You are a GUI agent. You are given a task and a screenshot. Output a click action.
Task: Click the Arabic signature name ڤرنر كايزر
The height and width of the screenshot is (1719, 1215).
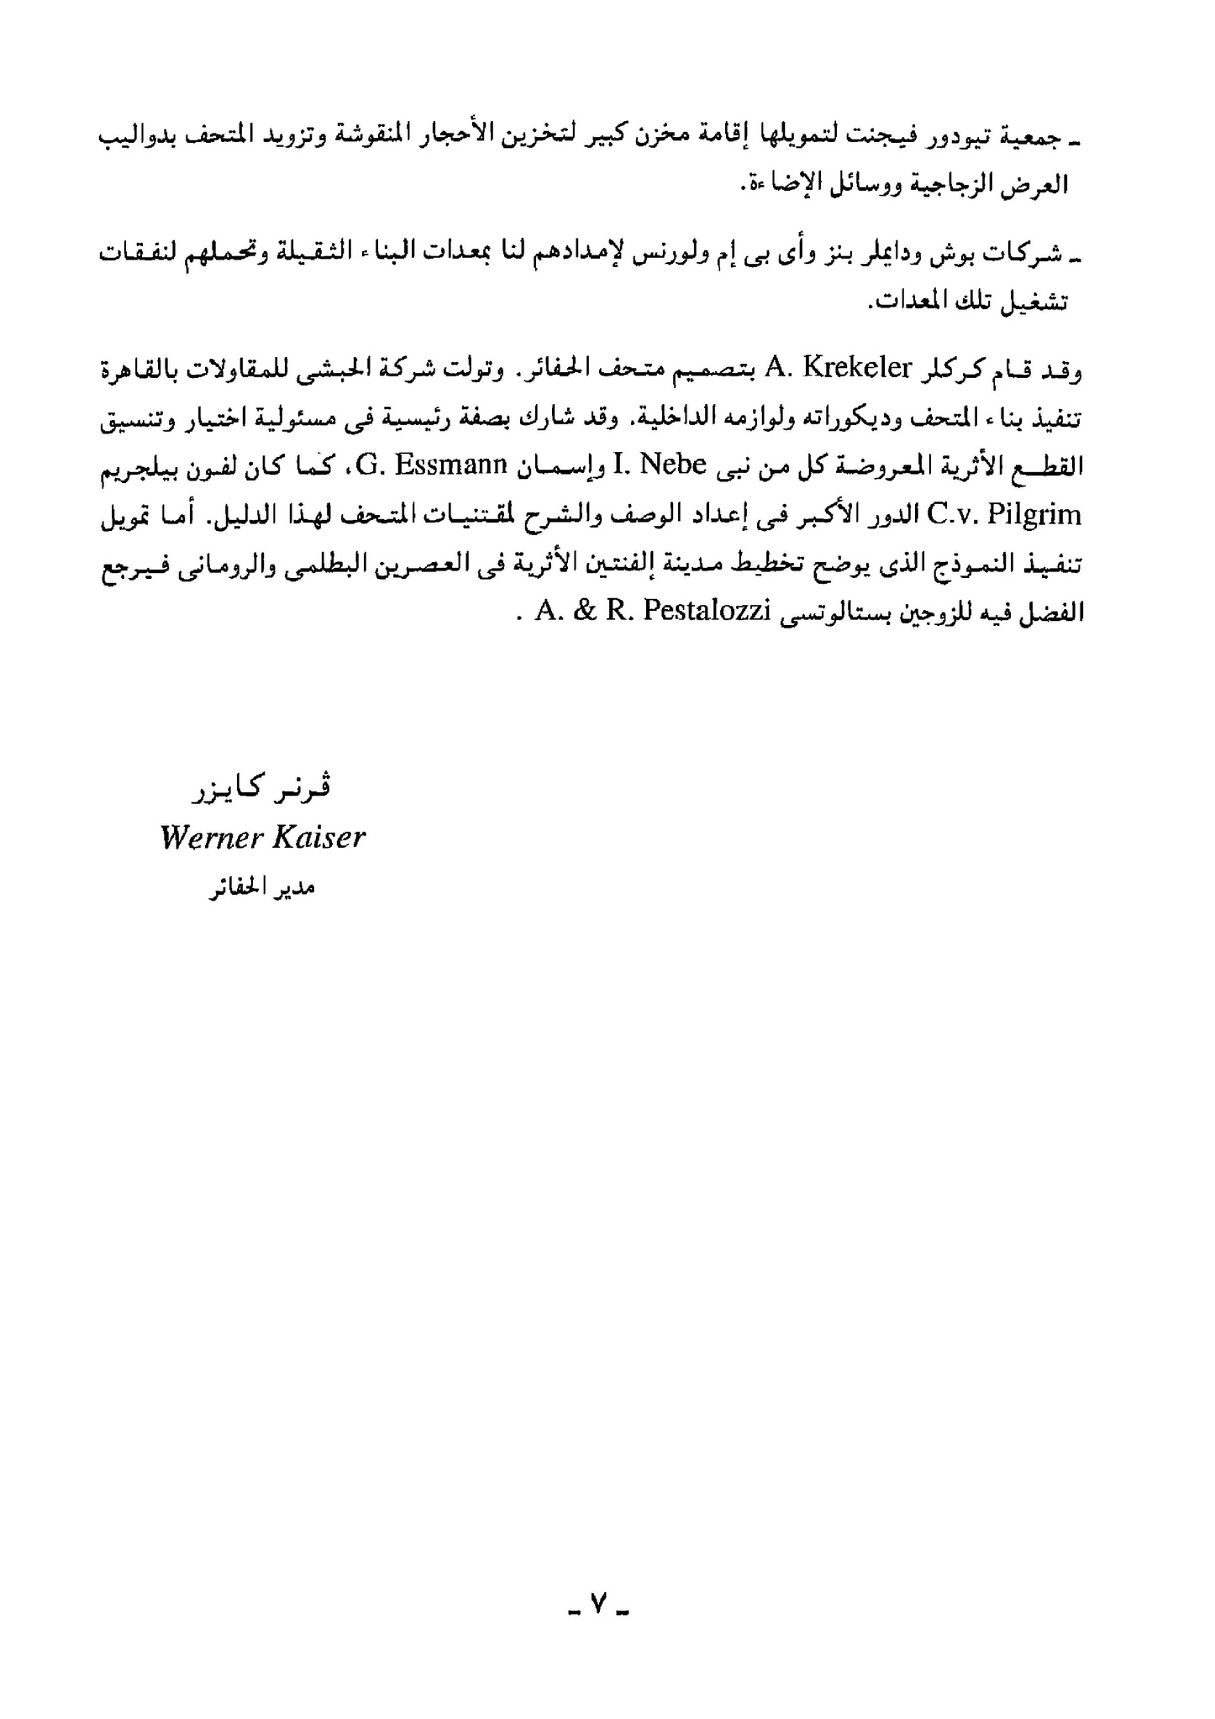(x=261, y=788)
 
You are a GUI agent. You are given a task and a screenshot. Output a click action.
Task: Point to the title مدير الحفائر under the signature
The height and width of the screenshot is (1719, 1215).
(x=261, y=887)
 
